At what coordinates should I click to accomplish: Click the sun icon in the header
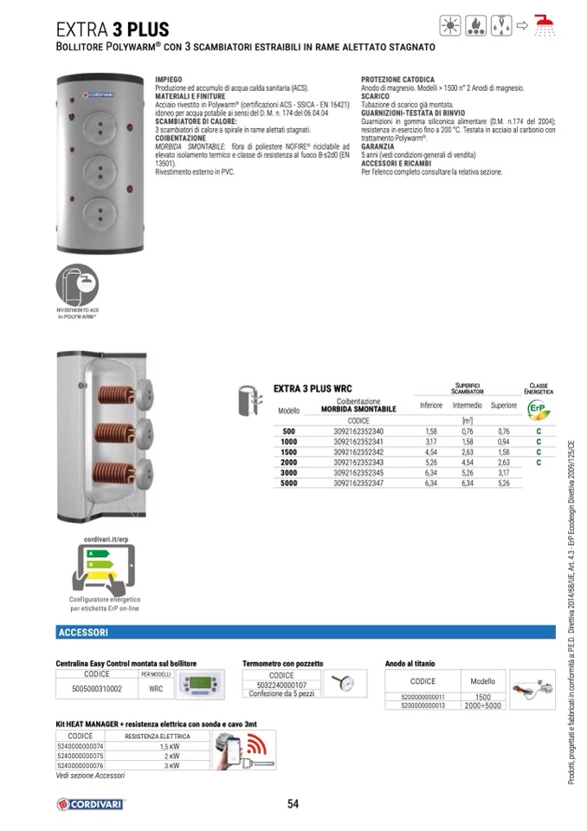click(452, 26)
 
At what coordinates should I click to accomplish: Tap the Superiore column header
click(503, 406)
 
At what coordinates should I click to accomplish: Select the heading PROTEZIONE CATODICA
click(397, 79)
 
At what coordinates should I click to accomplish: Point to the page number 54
click(293, 804)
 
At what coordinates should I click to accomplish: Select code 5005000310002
click(96, 689)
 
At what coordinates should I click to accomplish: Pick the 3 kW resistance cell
click(170, 766)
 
